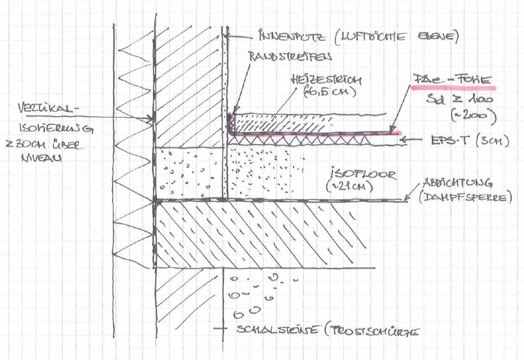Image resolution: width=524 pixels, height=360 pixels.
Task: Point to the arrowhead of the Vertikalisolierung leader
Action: [152, 120]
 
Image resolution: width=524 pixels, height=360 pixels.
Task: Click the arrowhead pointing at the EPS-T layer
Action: [401, 139]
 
